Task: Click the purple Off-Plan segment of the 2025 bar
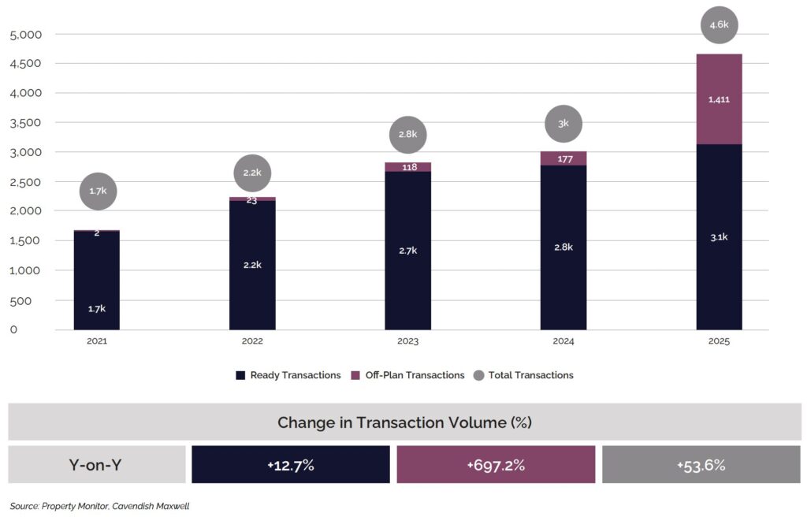coord(719,99)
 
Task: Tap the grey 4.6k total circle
coord(719,25)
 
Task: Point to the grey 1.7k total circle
coord(98,192)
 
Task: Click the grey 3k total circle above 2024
coord(563,124)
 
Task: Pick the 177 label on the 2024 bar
coord(563,159)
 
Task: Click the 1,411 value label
coord(719,99)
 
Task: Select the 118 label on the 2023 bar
coord(408,167)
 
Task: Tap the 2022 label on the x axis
coord(252,342)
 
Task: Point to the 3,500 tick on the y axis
coord(26,123)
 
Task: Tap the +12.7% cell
coord(290,465)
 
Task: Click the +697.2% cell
coord(496,465)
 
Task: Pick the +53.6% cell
coord(701,465)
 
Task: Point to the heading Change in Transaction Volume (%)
coord(404,422)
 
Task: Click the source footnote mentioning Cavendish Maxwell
coord(99,507)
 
